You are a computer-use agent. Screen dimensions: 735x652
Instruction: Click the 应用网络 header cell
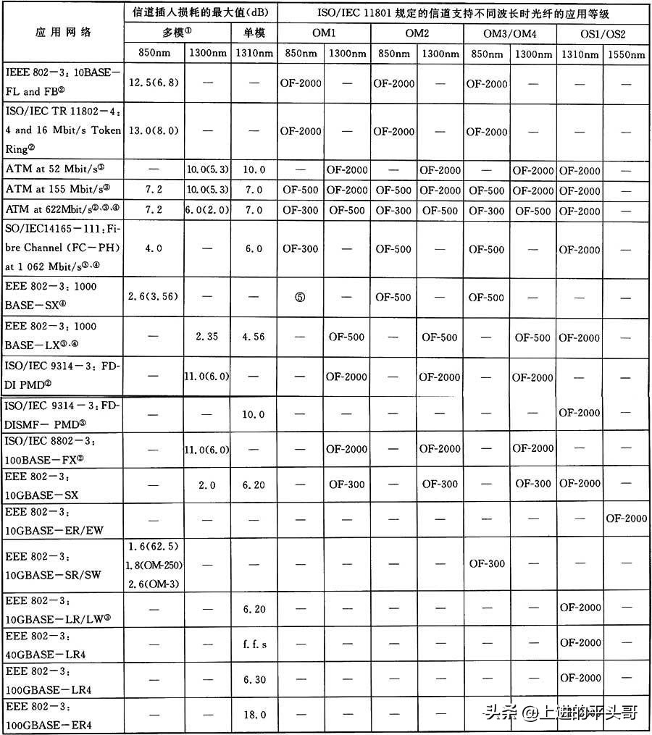(x=64, y=33)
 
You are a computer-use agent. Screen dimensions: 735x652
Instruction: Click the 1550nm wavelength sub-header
(x=627, y=54)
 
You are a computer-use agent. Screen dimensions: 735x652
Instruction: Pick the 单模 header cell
(x=254, y=33)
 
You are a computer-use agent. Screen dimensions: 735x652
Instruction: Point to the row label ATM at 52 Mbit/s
(x=55, y=170)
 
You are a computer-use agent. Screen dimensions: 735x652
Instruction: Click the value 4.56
(x=254, y=337)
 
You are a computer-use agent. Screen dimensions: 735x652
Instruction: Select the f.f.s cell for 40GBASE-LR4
(x=254, y=642)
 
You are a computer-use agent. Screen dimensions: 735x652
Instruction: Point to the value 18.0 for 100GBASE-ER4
(x=254, y=714)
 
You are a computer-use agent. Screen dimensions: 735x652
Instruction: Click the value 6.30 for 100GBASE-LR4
(x=254, y=679)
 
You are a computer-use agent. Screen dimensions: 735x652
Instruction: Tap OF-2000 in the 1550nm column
(x=627, y=518)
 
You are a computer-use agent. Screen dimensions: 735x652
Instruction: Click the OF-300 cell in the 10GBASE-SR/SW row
(x=487, y=563)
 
